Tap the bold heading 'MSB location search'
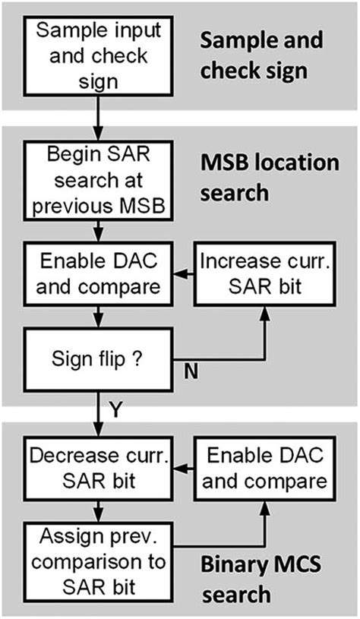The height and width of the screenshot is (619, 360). (x=267, y=177)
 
